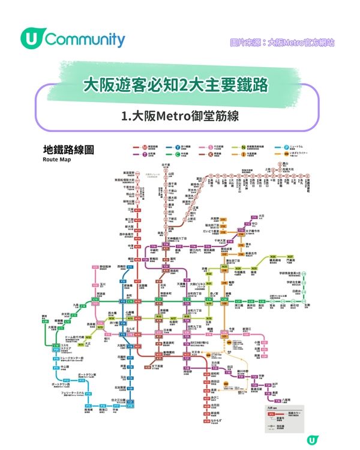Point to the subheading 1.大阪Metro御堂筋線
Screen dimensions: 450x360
point(179,116)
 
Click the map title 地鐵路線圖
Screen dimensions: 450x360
point(68,150)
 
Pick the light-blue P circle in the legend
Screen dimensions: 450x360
point(278,147)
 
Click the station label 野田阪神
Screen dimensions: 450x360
point(108,262)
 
